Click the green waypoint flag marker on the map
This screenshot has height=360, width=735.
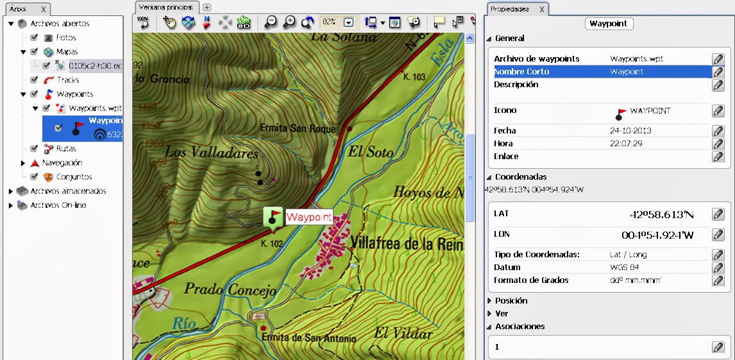(274, 217)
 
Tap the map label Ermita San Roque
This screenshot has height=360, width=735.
(298, 128)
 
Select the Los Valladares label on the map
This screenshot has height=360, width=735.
(211, 152)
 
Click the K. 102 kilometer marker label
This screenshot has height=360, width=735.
(272, 244)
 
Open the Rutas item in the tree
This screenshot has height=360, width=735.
(65, 149)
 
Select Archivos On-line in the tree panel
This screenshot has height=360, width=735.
(58, 205)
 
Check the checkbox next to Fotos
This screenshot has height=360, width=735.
(34, 38)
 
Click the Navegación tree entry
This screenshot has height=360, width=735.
(62, 163)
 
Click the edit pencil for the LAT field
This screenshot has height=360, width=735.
(718, 214)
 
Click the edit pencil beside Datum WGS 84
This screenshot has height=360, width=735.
(718, 268)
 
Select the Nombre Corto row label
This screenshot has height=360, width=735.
(521, 72)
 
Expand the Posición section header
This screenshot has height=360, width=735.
(511, 300)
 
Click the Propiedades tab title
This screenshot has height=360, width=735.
(509, 9)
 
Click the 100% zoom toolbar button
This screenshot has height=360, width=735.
(143, 22)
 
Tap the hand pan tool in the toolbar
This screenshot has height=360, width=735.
(169, 22)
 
